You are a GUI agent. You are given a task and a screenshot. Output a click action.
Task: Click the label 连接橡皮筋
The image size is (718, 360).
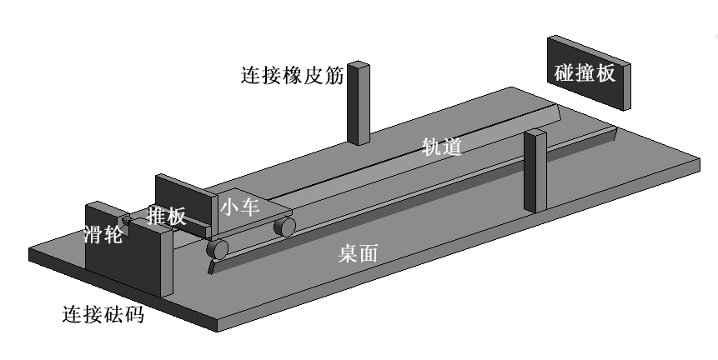pos(292,76)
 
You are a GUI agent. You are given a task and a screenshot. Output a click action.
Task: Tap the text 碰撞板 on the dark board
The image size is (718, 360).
pos(585,72)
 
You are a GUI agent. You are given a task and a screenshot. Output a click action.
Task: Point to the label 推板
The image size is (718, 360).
pos(166,217)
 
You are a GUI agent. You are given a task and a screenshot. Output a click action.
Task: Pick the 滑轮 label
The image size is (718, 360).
pos(103,234)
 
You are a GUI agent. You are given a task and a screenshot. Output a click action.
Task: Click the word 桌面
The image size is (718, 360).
pos(358,253)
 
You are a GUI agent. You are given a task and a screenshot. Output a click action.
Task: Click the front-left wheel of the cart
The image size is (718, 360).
pos(218,248)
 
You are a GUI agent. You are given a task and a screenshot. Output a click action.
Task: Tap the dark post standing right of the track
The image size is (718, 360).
pos(534,171)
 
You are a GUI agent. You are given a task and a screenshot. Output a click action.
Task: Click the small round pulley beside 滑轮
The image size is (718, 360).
pos(127,221)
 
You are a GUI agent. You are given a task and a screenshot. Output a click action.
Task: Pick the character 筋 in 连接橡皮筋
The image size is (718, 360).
pos(333,76)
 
